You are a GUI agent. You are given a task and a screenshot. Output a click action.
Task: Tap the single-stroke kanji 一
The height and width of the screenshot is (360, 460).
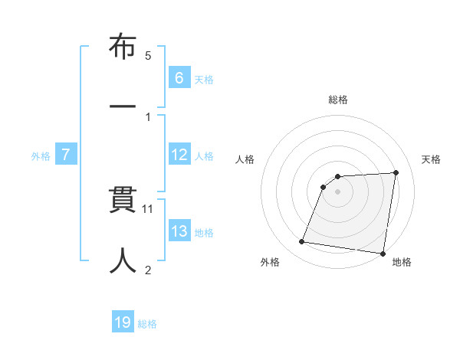point(123,103)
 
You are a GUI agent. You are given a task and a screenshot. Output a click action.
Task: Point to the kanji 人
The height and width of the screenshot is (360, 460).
point(123,259)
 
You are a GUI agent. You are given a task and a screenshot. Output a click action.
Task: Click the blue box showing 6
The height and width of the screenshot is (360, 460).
point(179,78)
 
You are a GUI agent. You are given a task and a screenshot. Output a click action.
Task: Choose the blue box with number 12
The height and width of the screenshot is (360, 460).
point(179,155)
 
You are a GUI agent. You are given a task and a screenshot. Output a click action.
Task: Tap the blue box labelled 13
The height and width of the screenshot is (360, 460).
point(179,231)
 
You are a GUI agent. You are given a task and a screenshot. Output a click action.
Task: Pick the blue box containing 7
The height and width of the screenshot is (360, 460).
point(66,155)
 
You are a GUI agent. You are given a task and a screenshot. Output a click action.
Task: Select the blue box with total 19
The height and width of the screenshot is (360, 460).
point(123,323)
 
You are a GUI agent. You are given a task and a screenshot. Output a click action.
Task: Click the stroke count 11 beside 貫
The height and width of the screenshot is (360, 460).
point(149,208)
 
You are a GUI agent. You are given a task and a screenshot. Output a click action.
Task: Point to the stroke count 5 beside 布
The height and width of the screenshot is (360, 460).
point(148,55)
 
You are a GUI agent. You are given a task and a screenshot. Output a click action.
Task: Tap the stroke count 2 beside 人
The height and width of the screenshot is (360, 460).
point(148,269)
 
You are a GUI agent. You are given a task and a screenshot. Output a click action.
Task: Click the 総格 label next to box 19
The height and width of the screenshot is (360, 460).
point(147,324)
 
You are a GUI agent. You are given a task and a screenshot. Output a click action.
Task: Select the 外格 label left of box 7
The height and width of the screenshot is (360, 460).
point(41,156)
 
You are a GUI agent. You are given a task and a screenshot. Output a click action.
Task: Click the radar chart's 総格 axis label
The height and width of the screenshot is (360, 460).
point(338,100)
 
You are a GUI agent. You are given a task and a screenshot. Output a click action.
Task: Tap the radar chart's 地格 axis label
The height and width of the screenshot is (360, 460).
point(402,262)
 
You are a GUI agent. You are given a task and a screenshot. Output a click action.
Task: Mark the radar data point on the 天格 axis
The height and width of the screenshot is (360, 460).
point(396,172)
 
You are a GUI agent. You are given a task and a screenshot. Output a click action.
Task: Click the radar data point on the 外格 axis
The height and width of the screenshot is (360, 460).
point(302,242)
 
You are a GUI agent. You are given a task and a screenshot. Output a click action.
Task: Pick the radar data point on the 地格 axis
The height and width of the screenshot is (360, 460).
point(383,253)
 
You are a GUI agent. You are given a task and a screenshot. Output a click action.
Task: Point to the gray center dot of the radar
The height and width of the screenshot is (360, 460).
point(338,191)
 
